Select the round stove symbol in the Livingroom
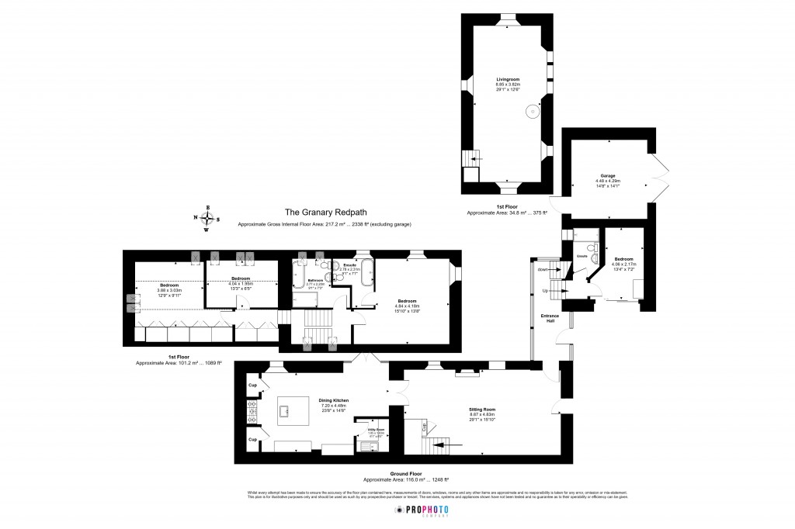(x=533, y=112)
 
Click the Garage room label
(x=608, y=176)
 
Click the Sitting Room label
(x=481, y=409)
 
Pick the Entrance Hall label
(x=550, y=318)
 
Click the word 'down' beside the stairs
(x=542, y=269)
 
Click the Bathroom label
(x=315, y=280)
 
